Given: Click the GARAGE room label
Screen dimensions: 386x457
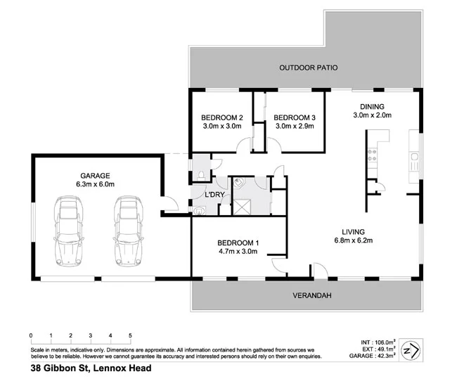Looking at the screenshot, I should click(96, 175).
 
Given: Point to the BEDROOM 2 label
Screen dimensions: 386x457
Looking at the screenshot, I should click(221, 117).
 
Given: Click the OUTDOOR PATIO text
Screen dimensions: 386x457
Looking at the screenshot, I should click(309, 68).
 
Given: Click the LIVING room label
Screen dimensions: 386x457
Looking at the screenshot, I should click(356, 231).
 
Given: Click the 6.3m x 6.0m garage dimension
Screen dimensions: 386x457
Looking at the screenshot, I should click(96, 184).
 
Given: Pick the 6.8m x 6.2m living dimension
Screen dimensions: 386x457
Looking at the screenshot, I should click(356, 240).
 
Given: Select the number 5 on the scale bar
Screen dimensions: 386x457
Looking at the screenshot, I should click(130, 335).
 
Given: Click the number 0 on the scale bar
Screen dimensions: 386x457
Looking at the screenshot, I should click(31, 335).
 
